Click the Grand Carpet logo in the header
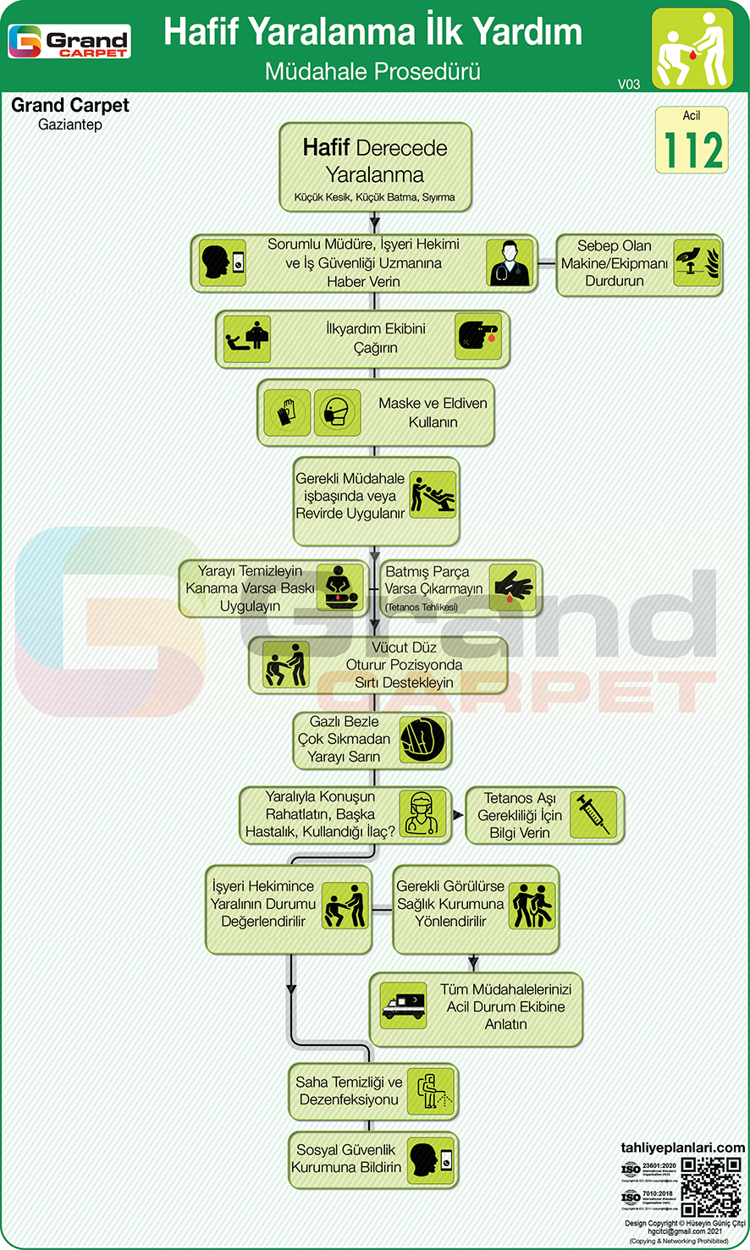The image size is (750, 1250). (69, 41)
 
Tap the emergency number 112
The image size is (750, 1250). (692, 150)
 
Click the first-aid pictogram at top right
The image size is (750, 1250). (692, 48)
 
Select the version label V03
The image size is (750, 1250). (629, 84)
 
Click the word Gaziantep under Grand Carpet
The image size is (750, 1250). (70, 124)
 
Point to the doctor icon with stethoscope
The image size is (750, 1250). (510, 262)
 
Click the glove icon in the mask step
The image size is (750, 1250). (287, 413)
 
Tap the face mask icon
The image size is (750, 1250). (338, 413)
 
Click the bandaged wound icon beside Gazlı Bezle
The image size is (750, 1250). (422, 740)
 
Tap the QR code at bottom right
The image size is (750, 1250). (711, 1187)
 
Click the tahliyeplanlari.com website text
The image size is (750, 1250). (682, 1148)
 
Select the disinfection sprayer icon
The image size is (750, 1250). (431, 1091)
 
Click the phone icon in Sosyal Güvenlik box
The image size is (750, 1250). (431, 1159)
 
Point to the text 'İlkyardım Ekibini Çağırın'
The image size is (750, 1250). (376, 339)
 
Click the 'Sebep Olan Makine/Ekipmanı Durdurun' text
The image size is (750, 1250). (615, 263)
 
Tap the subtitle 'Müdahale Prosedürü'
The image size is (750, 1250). (372, 71)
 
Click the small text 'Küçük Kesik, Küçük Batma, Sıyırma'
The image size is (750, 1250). (374, 197)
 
